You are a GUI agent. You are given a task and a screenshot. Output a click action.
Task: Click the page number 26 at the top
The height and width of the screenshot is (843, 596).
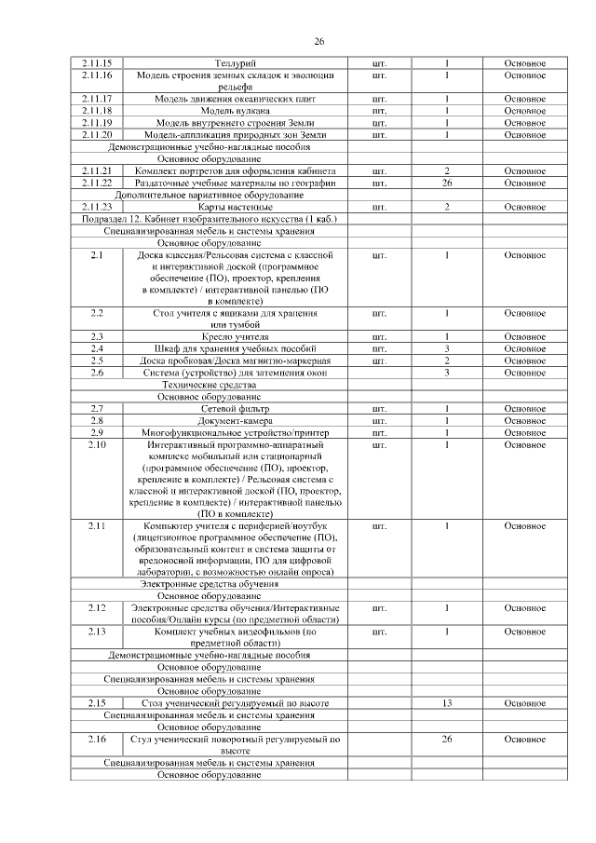[x=319, y=42]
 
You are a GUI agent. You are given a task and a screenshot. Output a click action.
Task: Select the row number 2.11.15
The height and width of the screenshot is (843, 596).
[x=96, y=62]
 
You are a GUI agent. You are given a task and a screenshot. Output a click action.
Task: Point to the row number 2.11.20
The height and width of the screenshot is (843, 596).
[x=96, y=135]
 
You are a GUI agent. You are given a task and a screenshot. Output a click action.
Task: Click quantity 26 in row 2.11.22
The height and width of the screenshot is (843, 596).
[x=447, y=184]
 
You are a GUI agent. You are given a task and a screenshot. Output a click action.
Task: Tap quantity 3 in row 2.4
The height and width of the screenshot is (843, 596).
[x=447, y=348]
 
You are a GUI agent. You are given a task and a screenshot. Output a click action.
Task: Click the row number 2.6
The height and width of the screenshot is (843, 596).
[x=96, y=373]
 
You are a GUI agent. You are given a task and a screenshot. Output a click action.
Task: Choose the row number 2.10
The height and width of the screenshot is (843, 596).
[x=96, y=445]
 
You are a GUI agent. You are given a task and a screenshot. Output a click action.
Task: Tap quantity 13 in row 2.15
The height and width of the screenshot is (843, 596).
[x=447, y=703]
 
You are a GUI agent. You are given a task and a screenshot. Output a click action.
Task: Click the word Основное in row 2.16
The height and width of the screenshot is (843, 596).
[x=524, y=739]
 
